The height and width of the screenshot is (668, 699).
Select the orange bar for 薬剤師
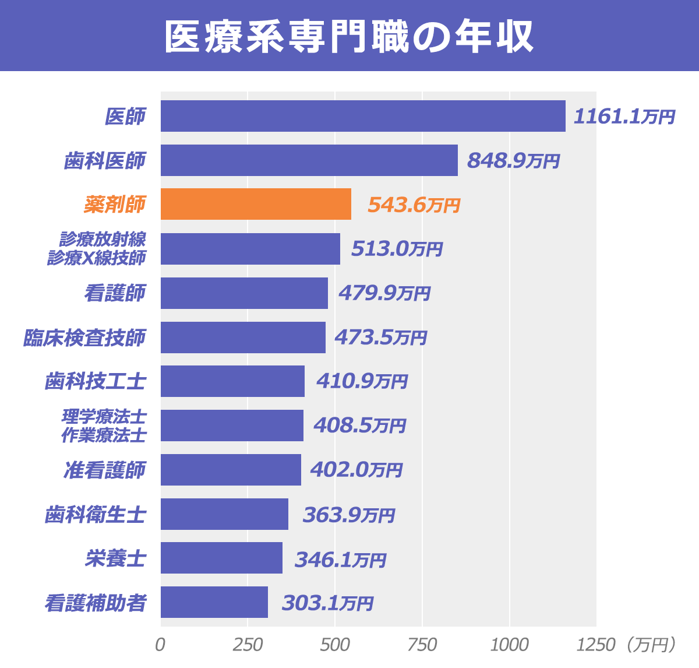click(256, 204)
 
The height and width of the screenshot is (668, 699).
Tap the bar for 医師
click(363, 116)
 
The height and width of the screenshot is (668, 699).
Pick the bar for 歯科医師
click(309, 160)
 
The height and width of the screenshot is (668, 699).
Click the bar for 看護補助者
click(214, 602)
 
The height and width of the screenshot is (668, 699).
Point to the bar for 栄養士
click(221, 558)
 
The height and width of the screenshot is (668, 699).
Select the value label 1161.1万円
click(624, 117)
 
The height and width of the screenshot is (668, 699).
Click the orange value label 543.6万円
click(414, 205)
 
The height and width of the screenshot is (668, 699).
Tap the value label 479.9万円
click(384, 293)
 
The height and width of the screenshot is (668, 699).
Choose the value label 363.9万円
click(349, 515)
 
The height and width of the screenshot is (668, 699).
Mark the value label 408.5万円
click(359, 426)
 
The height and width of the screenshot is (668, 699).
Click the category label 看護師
click(115, 293)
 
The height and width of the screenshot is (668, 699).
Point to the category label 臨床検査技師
click(84, 337)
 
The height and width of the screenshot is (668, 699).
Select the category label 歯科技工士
click(95, 382)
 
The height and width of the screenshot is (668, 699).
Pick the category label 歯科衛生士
click(95, 515)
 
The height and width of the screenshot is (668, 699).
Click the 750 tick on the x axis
click(422, 645)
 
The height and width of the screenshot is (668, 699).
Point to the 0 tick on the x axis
click(160, 645)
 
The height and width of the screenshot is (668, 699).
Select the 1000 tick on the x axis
click(509, 645)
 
